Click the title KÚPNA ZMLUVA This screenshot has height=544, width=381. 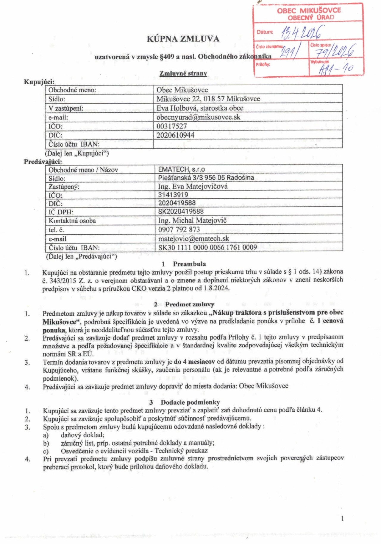coord(183,39)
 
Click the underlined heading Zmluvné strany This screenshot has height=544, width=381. coord(183,73)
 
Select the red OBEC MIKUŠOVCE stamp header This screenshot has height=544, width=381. coord(309,14)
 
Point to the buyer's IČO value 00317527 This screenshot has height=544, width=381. coord(172,126)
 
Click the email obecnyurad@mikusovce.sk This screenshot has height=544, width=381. coord(198,117)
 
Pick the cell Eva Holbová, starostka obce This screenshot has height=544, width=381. coord(200,108)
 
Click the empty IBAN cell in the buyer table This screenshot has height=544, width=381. coord(248,144)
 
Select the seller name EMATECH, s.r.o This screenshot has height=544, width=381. coord(181,169)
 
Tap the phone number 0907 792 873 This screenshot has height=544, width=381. coord(179,230)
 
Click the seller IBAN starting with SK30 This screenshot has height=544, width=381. coord(207,247)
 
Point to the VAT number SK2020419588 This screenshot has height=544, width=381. coord(181,212)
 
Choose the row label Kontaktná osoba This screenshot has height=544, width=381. coord(72,221)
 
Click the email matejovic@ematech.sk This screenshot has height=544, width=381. coord(194,238)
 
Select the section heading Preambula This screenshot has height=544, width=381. coord(189,264)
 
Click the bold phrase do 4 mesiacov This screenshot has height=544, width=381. coord(194,361)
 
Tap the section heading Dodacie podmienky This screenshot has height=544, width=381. coord(190,402)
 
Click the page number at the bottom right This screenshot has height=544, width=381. coord(342,518)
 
